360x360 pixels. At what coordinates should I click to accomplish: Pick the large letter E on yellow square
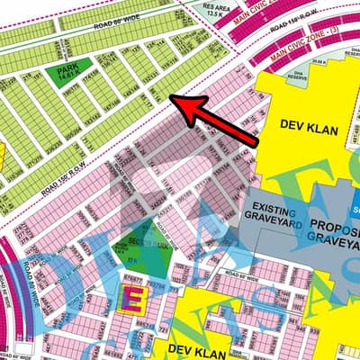[131, 301]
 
